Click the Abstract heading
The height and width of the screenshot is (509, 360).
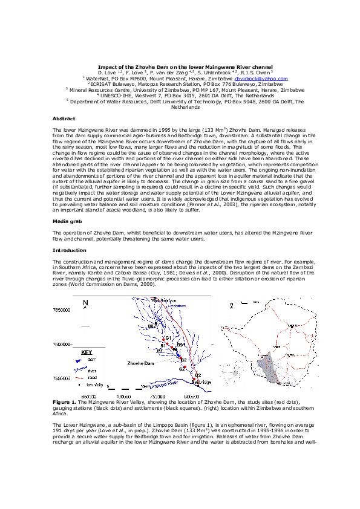[x=64, y=118]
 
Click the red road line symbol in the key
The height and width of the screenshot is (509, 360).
[x=78, y=375]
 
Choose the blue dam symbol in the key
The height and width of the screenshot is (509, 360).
[x=78, y=358]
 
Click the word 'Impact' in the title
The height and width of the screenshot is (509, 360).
[x=106, y=66]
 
